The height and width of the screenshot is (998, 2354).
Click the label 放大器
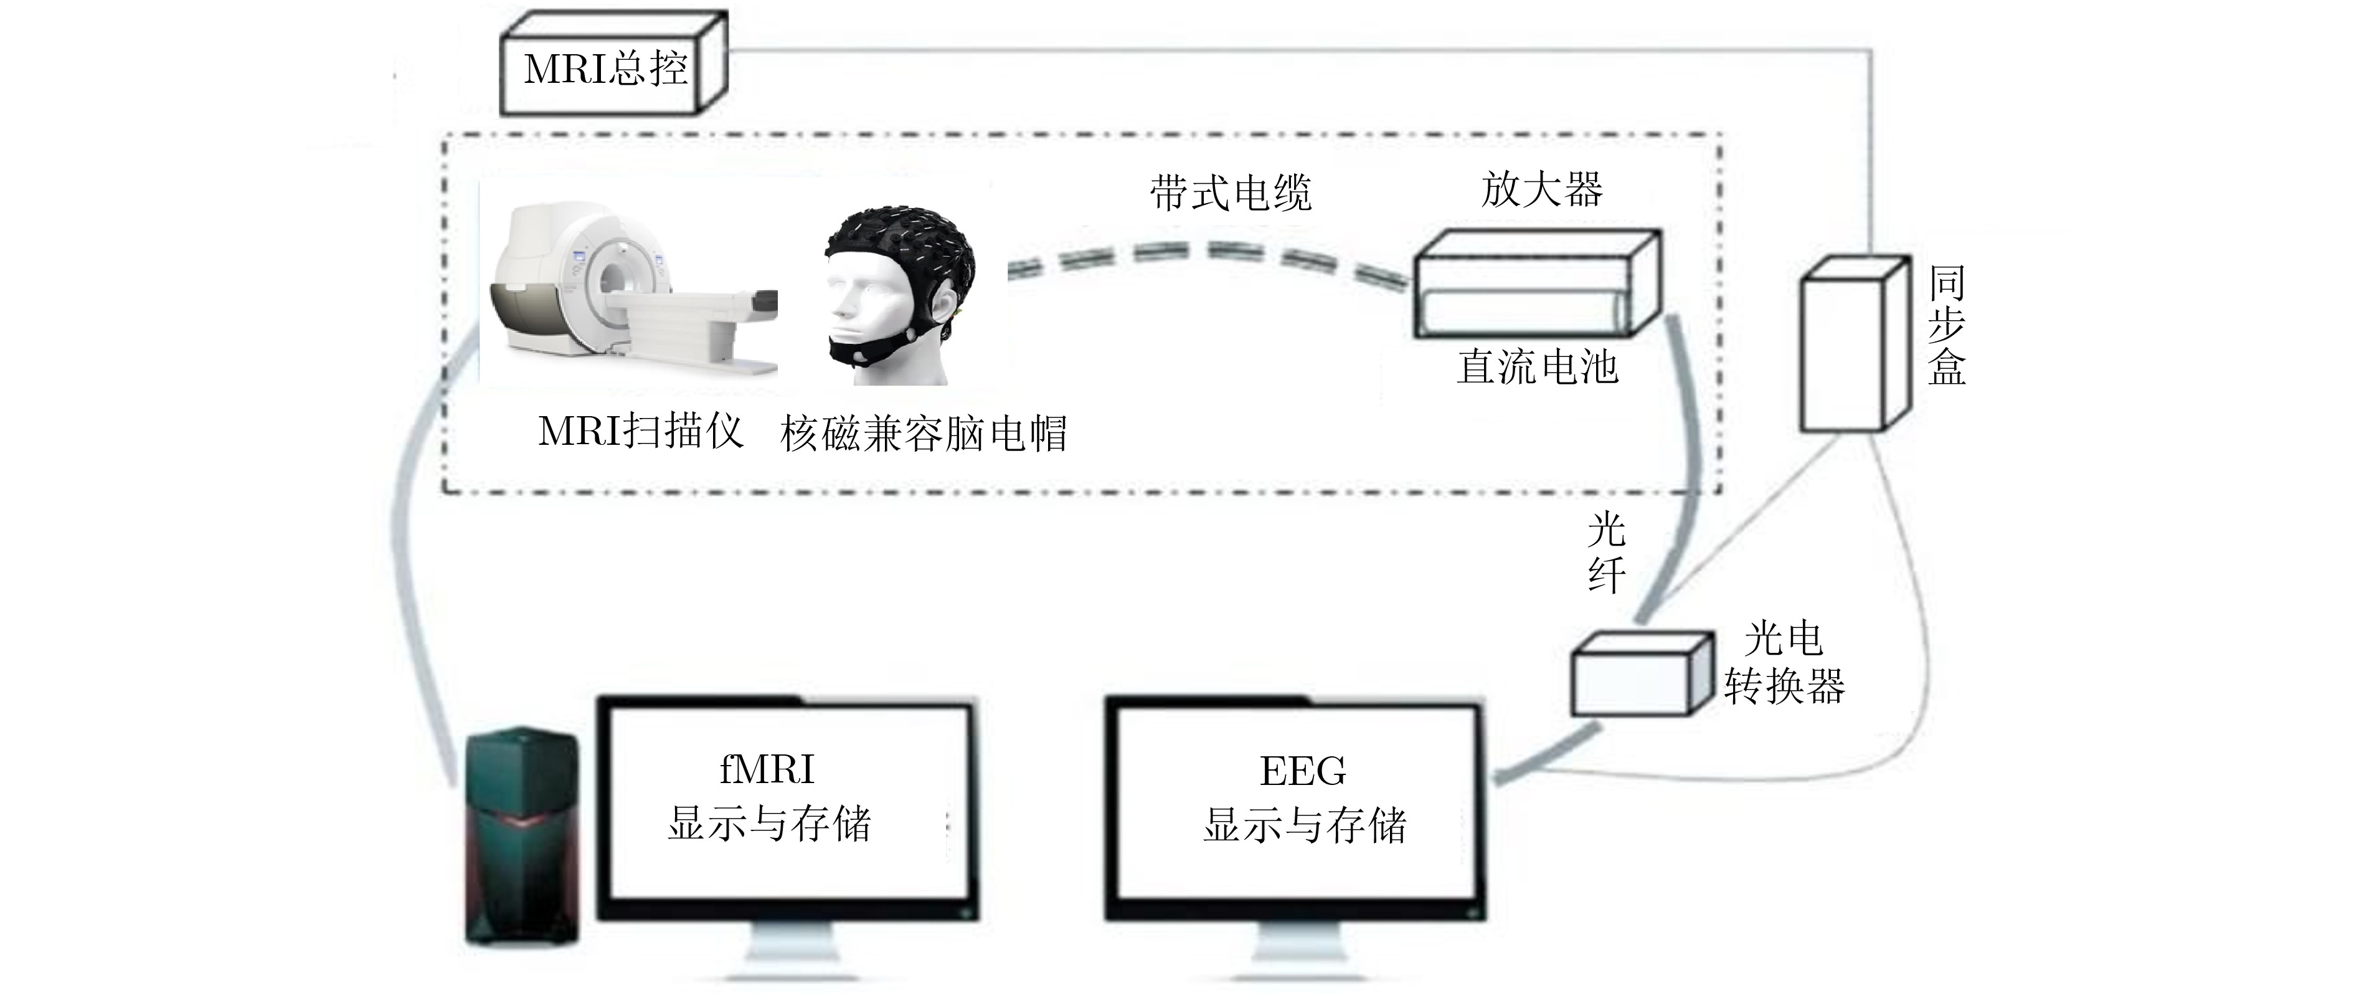point(1541,189)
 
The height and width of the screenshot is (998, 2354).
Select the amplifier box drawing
point(1535,283)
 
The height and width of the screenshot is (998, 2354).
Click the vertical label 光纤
point(1605,553)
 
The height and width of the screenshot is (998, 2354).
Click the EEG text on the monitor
point(1302,771)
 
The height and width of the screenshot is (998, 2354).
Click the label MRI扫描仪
point(640,431)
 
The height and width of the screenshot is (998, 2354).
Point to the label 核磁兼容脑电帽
point(923,433)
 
